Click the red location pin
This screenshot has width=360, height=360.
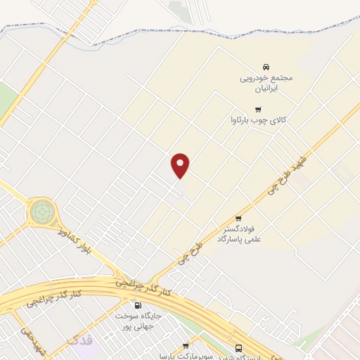[181, 165]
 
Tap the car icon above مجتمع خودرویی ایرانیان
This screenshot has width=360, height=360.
[265, 66]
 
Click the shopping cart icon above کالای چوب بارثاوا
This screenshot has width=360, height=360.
[259, 109]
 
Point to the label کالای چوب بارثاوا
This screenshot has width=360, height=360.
[259, 120]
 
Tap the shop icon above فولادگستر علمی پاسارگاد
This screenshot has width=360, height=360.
[238, 218]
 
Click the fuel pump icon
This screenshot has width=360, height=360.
[137, 306]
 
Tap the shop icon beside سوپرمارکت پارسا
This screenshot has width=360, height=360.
[186, 345]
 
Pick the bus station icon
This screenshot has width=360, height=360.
[240, 347]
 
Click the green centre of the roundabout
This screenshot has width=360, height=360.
[41, 210]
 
